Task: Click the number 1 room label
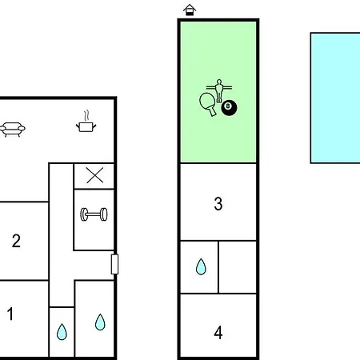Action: point(10,314)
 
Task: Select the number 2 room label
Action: point(16,241)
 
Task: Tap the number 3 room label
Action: point(218,204)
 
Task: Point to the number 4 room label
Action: point(218,333)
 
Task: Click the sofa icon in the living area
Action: point(13,130)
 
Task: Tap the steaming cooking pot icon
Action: point(86,127)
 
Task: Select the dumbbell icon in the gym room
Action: point(94,214)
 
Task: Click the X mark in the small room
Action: point(95,175)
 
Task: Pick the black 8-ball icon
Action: point(229,108)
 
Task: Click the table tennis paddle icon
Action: point(207,102)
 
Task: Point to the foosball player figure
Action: point(219,90)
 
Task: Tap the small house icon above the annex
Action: point(190,10)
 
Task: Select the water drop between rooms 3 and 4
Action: point(201,266)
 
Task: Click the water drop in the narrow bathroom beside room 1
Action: point(62,332)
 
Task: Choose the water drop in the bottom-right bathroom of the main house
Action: point(100,322)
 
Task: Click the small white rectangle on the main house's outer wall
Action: point(114,264)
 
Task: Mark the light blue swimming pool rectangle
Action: point(335,98)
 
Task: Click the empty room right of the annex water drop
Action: point(238,267)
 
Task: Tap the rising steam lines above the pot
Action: point(86,115)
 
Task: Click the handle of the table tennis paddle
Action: point(213,111)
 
